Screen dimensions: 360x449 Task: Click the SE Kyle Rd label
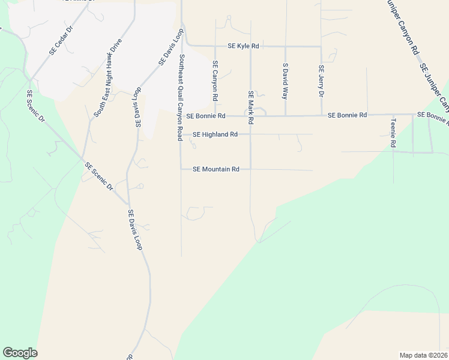click(243, 46)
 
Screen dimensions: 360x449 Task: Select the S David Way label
click(285, 82)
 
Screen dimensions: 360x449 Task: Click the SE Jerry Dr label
click(321, 82)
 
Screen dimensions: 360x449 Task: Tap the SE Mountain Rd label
click(216, 169)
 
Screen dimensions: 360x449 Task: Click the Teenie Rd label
click(393, 133)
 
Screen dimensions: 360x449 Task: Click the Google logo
click(20, 353)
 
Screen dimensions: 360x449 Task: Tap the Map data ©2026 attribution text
click(423, 355)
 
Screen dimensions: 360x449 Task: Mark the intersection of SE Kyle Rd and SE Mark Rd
click(250, 46)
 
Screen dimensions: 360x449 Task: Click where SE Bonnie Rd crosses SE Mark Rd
click(250, 116)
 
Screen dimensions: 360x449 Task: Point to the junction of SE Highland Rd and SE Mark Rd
click(250, 134)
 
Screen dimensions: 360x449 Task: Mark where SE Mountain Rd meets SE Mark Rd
click(250, 169)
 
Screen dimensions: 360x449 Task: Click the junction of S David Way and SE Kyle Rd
click(285, 46)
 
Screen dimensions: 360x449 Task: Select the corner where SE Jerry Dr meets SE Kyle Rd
click(321, 46)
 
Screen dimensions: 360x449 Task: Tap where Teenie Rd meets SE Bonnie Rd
click(393, 115)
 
